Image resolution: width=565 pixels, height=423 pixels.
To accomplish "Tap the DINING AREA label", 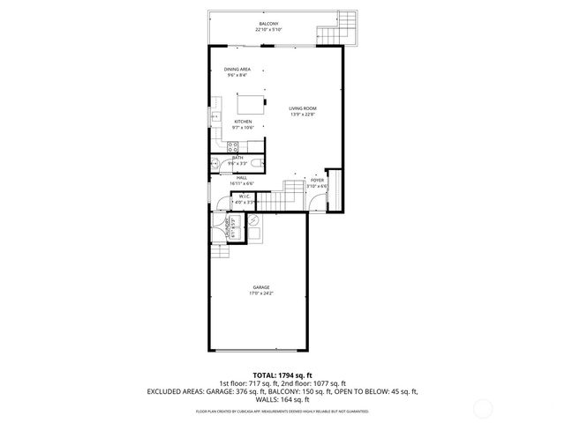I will pyautogui.click(x=237, y=69).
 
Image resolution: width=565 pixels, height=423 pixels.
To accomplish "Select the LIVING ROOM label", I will pyautogui.click(x=303, y=108).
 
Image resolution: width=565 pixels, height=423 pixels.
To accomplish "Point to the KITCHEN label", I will pyautogui.click(x=242, y=122).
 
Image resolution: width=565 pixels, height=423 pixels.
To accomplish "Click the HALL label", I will pyautogui.click(x=240, y=178).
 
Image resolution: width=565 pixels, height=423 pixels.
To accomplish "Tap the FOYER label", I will pyautogui.click(x=317, y=180).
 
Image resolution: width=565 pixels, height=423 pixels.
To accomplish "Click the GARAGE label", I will pyautogui.click(x=260, y=286).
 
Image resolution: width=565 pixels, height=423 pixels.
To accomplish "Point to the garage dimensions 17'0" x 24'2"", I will pyautogui.click(x=260, y=293).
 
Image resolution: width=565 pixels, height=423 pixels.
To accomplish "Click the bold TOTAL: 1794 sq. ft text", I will pyautogui.click(x=282, y=375).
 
